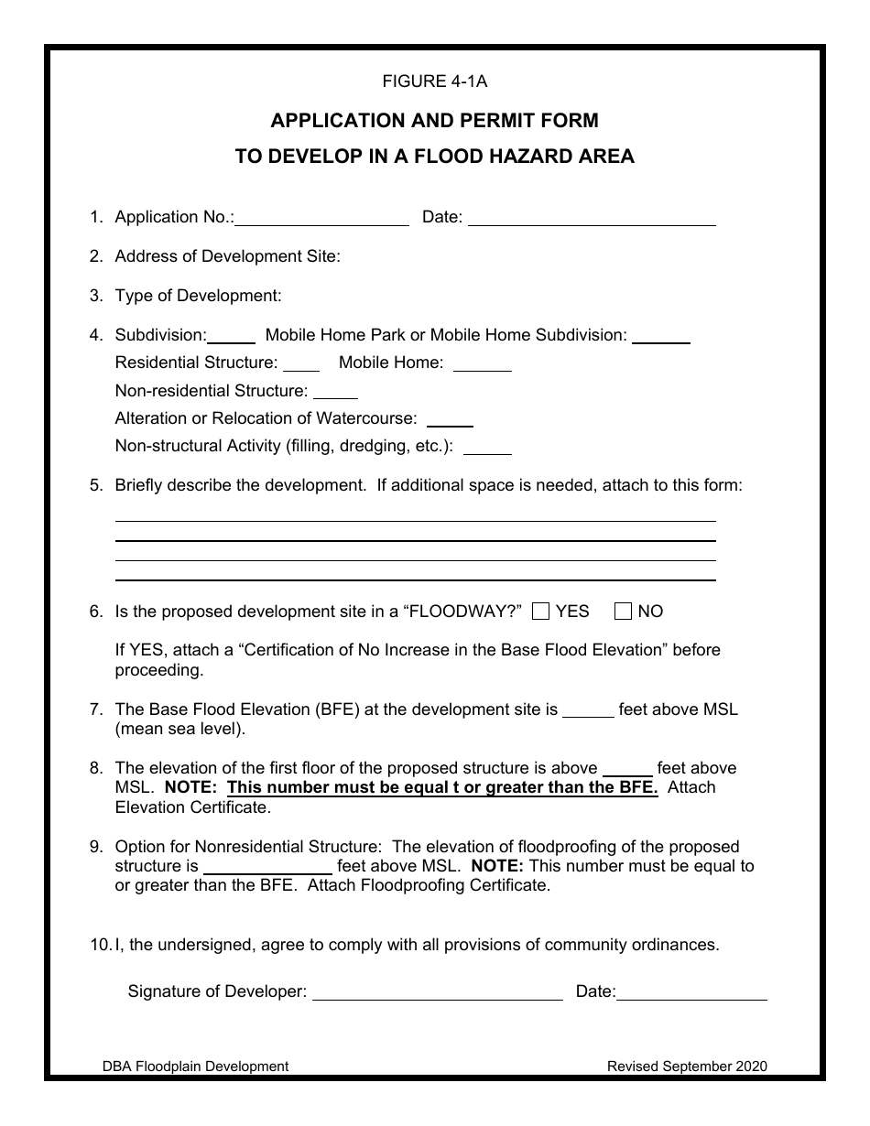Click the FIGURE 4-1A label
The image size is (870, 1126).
434,81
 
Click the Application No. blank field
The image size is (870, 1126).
321,219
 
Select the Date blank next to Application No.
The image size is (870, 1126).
592,219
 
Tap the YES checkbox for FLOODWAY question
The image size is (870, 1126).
540,612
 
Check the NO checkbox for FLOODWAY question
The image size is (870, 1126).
623,612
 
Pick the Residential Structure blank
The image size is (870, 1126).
300,364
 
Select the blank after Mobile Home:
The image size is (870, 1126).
482,364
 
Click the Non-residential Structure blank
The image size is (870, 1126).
335,393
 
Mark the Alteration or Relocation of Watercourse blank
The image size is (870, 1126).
450,420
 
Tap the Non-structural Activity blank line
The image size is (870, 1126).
487,449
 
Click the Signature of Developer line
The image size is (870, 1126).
438,993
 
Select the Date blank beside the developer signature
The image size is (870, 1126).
691,993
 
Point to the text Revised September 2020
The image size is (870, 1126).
687,1066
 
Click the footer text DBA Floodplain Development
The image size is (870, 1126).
195,1066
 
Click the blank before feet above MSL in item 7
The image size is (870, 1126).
587,711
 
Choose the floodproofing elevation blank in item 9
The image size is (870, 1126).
266,867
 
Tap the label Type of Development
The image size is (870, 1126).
198,296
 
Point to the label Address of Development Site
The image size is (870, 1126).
227,256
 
